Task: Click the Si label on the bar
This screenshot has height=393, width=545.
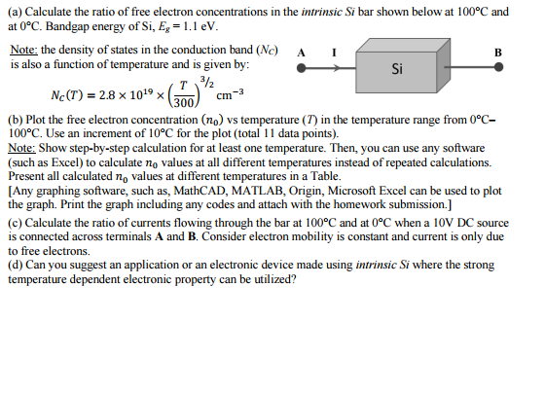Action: (x=396, y=69)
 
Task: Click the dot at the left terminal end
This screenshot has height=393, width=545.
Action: (x=301, y=70)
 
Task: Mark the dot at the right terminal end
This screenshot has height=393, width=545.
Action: (x=500, y=70)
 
